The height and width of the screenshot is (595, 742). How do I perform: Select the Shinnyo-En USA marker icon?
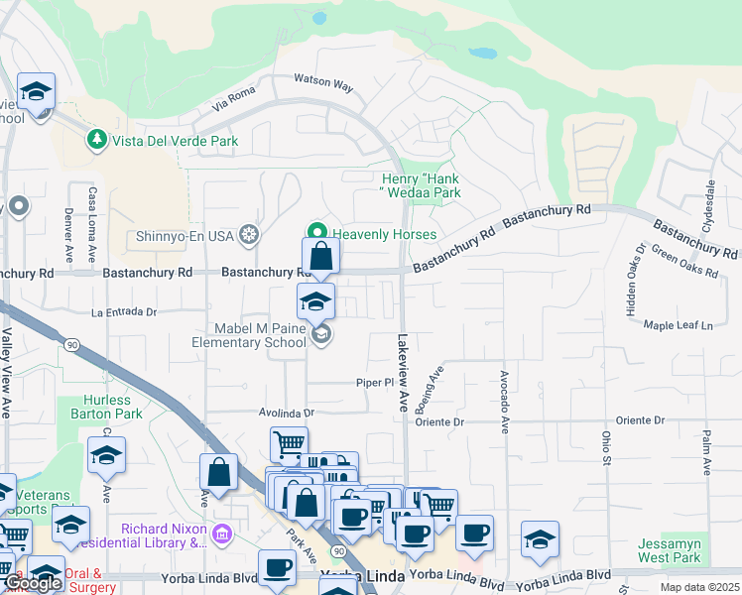click(250, 235)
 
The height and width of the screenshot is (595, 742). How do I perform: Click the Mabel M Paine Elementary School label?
click(249, 335)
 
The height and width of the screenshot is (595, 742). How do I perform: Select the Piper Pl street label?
click(377, 382)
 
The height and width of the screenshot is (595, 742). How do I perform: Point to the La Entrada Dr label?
click(124, 311)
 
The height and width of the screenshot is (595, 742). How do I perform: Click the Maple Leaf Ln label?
click(679, 325)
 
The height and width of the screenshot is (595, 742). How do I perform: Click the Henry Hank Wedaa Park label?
click(422, 185)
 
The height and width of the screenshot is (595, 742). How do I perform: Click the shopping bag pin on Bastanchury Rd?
click(320, 257)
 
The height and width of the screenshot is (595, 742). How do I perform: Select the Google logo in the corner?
click(33, 583)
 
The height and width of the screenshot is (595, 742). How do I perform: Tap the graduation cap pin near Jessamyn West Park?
click(539, 539)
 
